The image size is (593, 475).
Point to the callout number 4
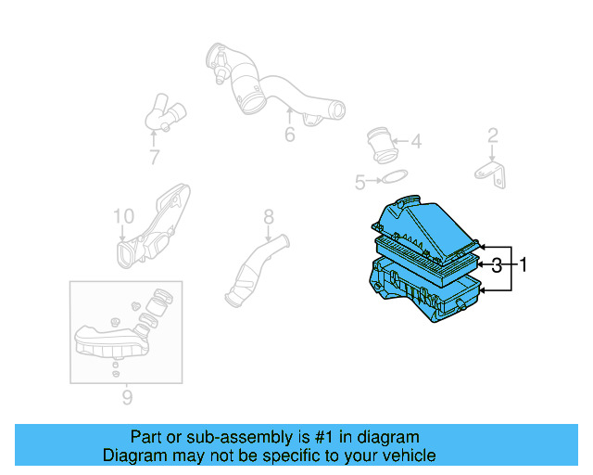[415, 142]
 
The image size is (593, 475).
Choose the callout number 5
[360, 183]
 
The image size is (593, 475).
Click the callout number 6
[289, 135]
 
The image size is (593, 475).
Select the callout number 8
[268, 217]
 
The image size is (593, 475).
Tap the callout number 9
[127, 399]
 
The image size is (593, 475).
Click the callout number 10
[124, 217]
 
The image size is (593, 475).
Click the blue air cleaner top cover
[425, 228]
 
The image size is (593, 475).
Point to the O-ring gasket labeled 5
[394, 178]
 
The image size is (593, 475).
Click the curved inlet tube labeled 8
[255, 274]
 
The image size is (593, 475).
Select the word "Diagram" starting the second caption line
[132, 456]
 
